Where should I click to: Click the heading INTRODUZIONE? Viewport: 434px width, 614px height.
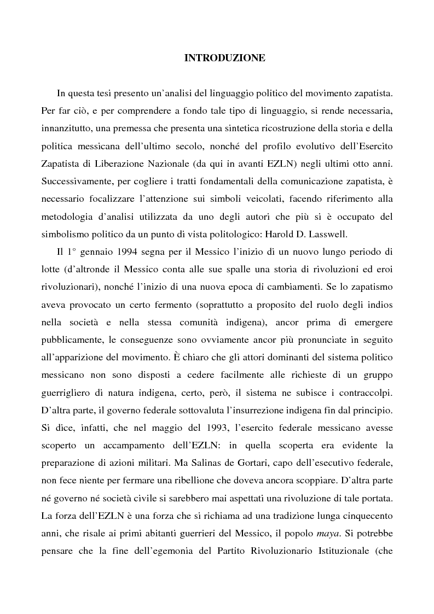(x=224, y=57)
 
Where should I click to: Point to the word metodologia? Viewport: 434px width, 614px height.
(x=65, y=214)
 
